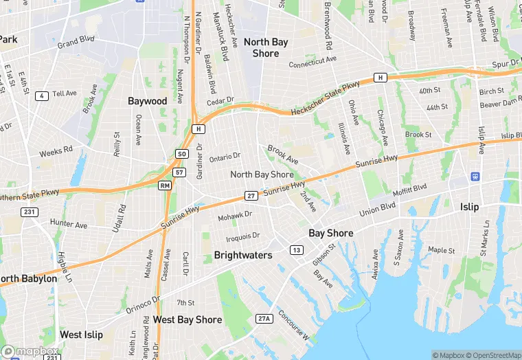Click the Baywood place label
[147, 101]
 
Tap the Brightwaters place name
[243, 255]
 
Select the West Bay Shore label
[188, 319]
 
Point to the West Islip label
[81, 335]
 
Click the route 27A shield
[264, 318]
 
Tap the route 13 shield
[296, 249]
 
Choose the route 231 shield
[30, 212]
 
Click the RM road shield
[165, 185]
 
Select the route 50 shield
[181, 154]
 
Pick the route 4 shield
[43, 95]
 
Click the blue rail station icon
[475, 176]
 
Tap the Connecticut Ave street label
[313, 61]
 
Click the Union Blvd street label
[377, 207]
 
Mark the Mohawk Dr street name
[235, 216]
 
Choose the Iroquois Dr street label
[243, 236]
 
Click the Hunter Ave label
[69, 225]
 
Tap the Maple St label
[441, 250]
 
